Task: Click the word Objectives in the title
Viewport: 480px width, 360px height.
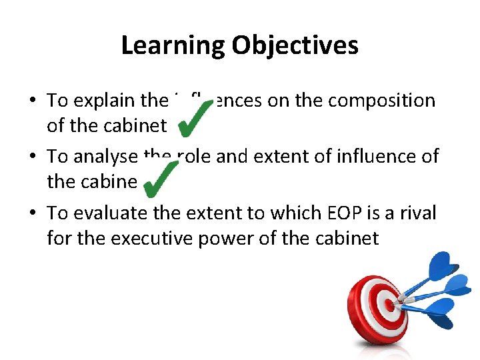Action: pyautogui.click(x=295, y=45)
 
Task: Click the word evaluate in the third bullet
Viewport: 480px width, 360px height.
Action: pyautogui.click(x=108, y=213)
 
